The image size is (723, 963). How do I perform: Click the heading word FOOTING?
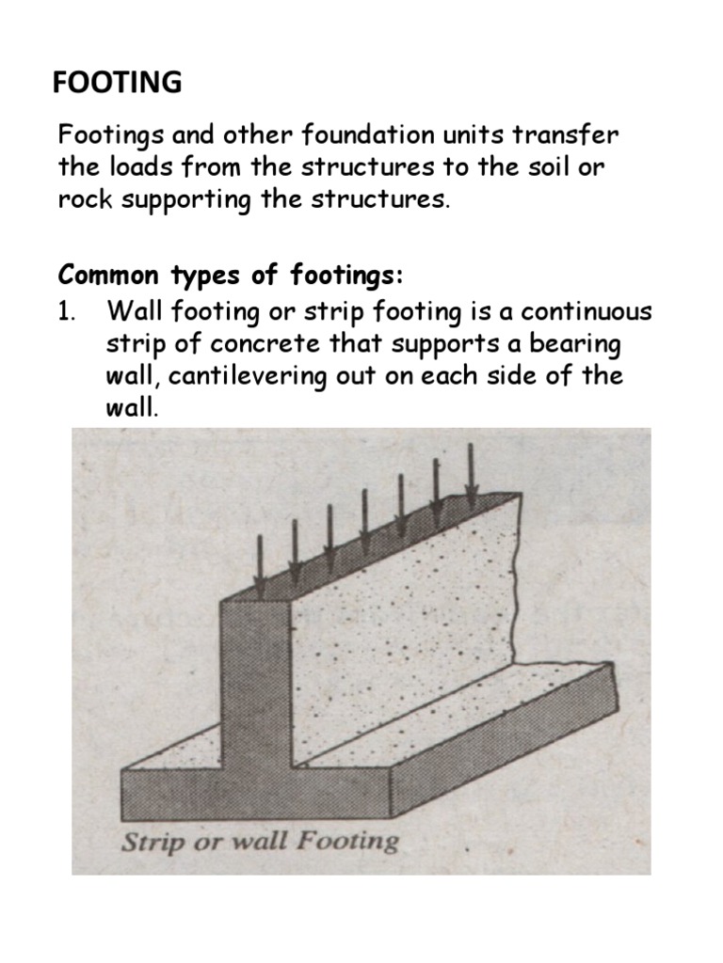click(x=118, y=84)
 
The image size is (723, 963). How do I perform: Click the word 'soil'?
click(x=559, y=168)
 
